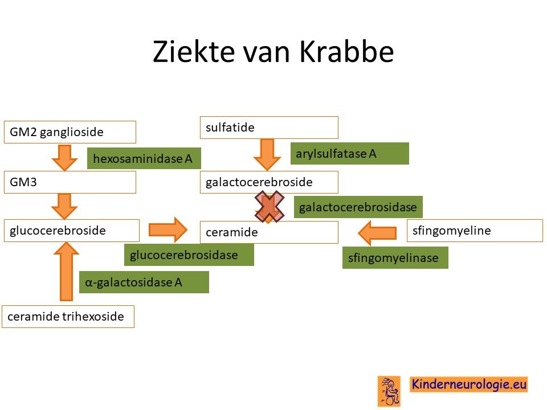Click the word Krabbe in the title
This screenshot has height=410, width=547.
(347, 52)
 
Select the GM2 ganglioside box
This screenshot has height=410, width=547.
(70, 132)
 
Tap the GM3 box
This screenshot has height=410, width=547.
(70, 182)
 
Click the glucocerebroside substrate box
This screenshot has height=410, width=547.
(72, 231)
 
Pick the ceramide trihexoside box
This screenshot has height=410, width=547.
(68, 317)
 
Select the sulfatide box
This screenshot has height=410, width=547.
(269, 128)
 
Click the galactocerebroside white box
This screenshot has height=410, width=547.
(269, 182)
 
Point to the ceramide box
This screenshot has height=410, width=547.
(269, 232)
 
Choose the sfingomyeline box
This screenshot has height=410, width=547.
(475, 231)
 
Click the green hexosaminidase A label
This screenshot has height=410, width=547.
(144, 158)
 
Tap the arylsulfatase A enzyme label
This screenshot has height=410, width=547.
(349, 153)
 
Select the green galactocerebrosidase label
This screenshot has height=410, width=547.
(358, 207)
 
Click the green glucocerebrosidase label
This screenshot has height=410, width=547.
(189, 255)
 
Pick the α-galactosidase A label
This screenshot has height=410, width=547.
(144, 282)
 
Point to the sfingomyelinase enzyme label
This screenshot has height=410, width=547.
(395, 257)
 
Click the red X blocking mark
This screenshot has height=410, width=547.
(270, 206)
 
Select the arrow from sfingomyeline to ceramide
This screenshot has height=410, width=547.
(377, 232)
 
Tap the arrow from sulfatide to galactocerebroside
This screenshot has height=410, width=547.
(267, 155)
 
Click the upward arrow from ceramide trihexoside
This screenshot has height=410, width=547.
(66, 271)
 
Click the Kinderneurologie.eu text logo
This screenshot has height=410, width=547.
(469, 384)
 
